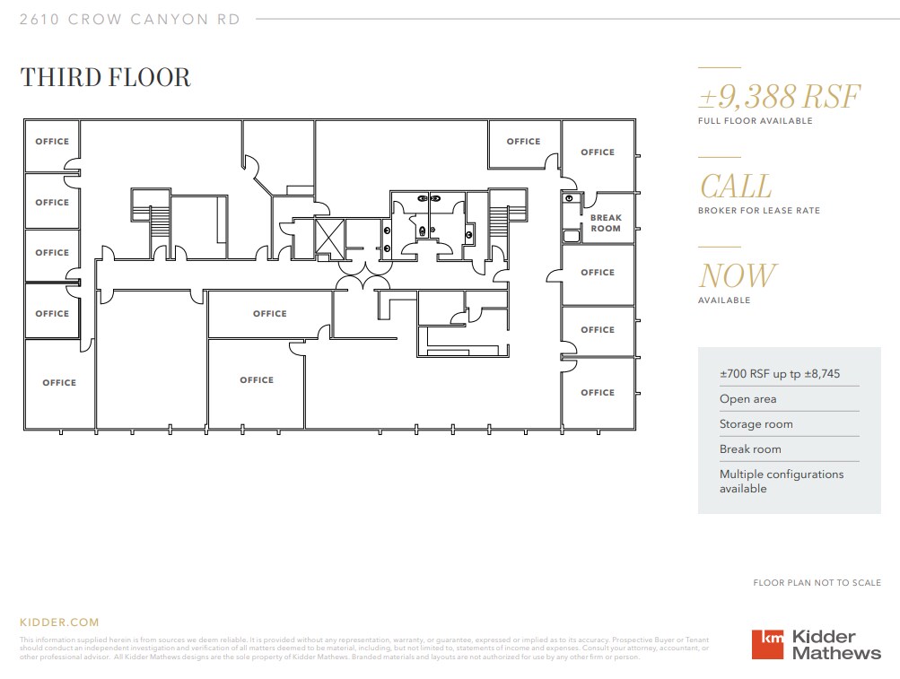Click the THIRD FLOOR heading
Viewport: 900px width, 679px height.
(x=105, y=77)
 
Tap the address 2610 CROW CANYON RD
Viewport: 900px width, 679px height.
(x=130, y=19)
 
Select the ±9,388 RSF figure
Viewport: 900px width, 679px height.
(x=779, y=96)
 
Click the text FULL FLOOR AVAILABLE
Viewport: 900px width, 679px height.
(x=755, y=120)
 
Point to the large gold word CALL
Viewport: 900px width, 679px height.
(x=735, y=187)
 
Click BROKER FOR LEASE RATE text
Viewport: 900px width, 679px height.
(x=758, y=211)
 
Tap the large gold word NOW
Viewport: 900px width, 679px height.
(x=737, y=276)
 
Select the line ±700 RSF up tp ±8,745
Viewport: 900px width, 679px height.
(x=779, y=373)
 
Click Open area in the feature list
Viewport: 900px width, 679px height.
(x=747, y=399)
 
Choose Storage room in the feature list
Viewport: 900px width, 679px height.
(x=756, y=424)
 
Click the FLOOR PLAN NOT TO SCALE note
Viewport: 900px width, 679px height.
(x=817, y=583)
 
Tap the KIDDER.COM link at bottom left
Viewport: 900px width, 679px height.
(x=59, y=622)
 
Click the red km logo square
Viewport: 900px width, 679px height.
(x=767, y=644)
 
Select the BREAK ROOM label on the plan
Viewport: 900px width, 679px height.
(x=606, y=223)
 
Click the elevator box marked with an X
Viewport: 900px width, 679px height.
(x=329, y=239)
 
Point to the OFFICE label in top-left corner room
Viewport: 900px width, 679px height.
(x=52, y=142)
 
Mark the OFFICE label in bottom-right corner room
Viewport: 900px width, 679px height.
(x=597, y=393)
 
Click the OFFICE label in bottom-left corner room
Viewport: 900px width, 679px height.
(x=59, y=383)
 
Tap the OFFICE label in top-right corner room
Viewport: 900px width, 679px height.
(x=597, y=152)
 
